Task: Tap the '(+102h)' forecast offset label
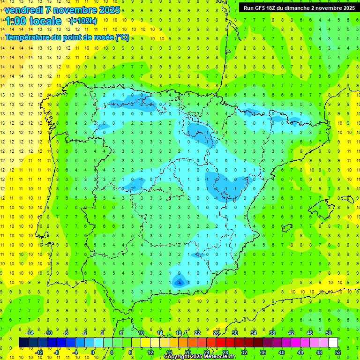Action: pos(83,21)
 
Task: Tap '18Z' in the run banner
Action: pos(275,8)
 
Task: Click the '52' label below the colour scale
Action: pos(338,352)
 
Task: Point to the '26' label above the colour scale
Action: pos(216,333)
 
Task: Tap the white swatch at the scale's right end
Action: pos(333,343)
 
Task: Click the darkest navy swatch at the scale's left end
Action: pos(23,343)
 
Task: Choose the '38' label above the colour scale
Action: pos(272,333)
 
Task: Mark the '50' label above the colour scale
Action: pos(329,333)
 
